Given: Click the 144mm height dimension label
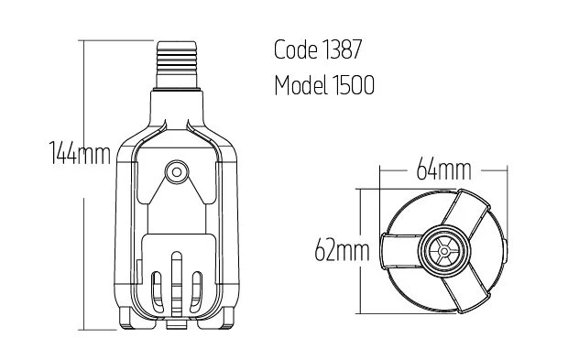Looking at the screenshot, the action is pos(80,152).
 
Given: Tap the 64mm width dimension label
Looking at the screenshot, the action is pos(443,169).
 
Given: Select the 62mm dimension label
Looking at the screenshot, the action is pos(342,250).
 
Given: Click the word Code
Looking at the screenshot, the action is pos(296,49).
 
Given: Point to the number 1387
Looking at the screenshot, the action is pos(343,49).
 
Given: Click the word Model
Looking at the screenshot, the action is pos(300,85).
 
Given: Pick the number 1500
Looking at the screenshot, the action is pos(354,85).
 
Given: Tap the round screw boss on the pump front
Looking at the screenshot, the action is pos(177,171).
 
